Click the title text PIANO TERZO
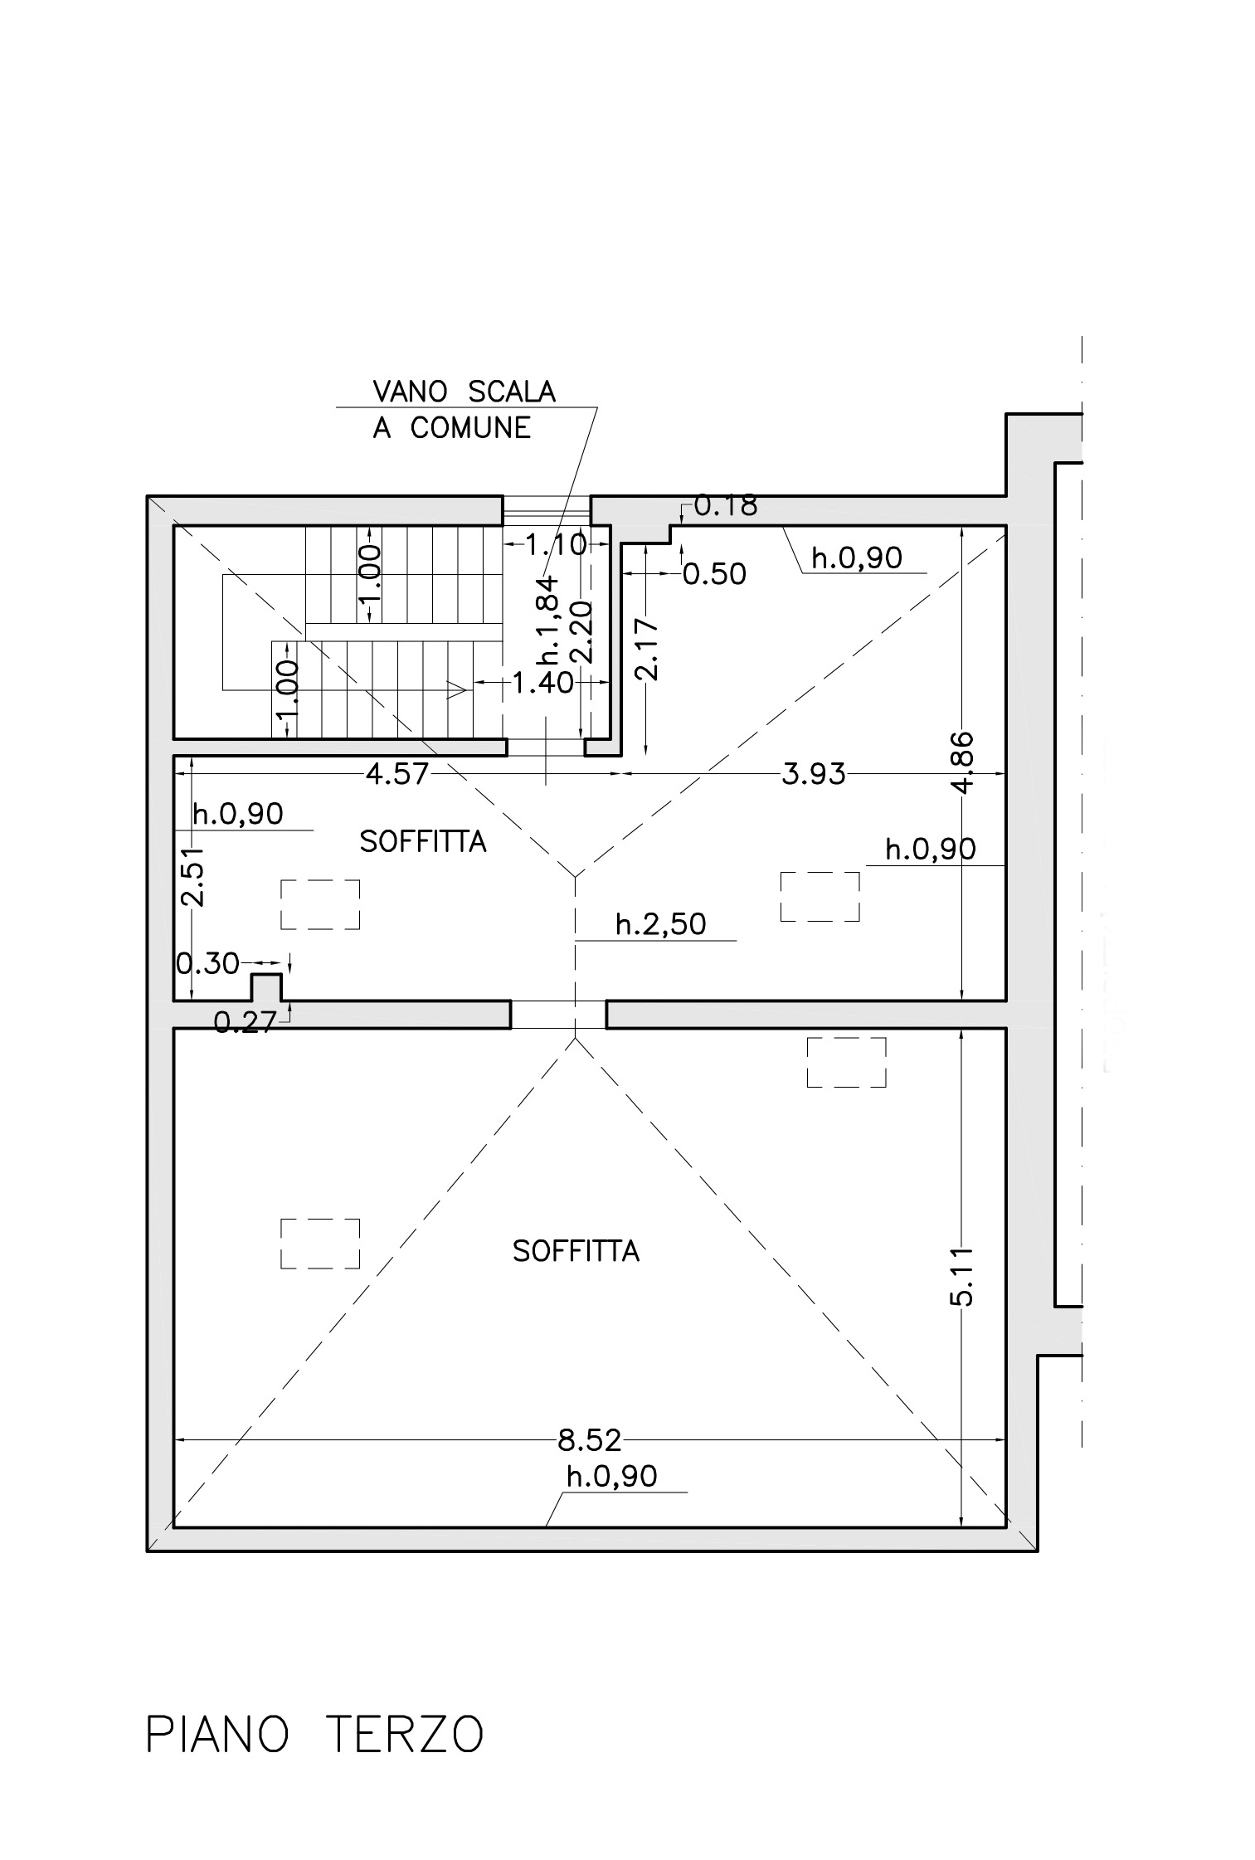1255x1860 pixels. click(x=314, y=1734)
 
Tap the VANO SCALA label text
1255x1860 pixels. click(x=464, y=391)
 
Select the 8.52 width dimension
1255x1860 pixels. click(x=590, y=1440)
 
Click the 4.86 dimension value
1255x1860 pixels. click(x=961, y=762)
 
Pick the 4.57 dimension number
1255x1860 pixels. click(x=397, y=773)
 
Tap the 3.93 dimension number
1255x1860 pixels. click(x=814, y=774)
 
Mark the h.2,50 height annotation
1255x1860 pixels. click(x=660, y=923)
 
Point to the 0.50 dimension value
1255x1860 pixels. click(x=714, y=573)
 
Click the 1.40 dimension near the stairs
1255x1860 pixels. click(x=542, y=683)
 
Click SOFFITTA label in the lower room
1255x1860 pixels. click(x=576, y=1250)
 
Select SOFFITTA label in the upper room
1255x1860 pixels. click(x=422, y=841)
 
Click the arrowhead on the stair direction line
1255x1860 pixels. click(x=455, y=689)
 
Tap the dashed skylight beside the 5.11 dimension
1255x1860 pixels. click(x=846, y=1062)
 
